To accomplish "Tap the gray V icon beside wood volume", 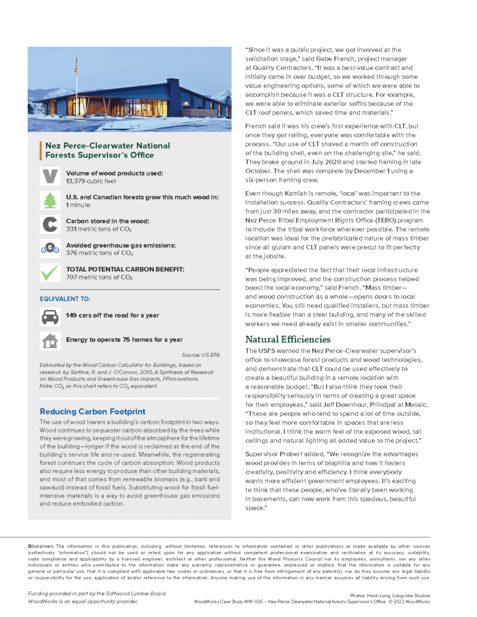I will (x=48, y=177).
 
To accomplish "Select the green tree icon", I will (x=48, y=201).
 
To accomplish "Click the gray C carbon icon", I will (x=48, y=225).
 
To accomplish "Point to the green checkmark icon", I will (x=48, y=273).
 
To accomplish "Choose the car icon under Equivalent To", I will (x=48, y=315).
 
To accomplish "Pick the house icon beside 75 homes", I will (x=48, y=340).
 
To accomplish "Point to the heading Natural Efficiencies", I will (x=288, y=339).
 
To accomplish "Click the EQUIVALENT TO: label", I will (x=65, y=298).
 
